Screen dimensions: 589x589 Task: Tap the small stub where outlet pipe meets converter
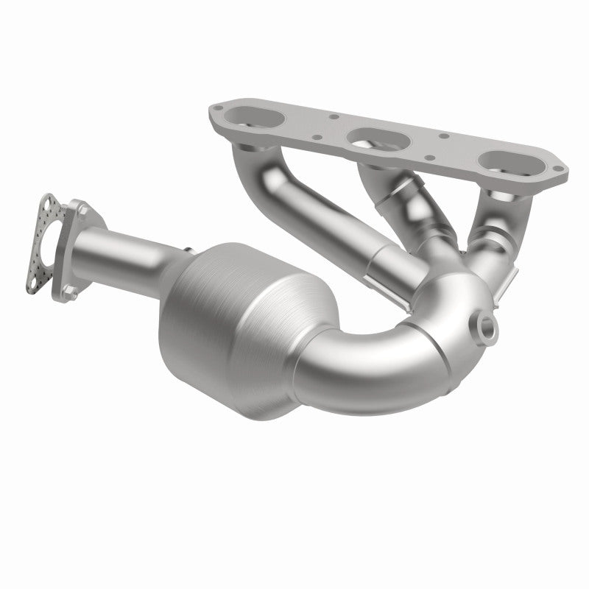tap(189, 248)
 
